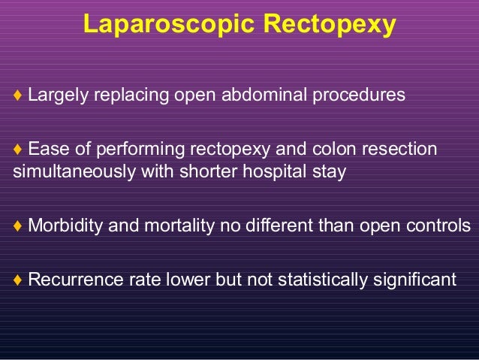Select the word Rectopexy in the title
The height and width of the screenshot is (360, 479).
coord(327,25)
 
